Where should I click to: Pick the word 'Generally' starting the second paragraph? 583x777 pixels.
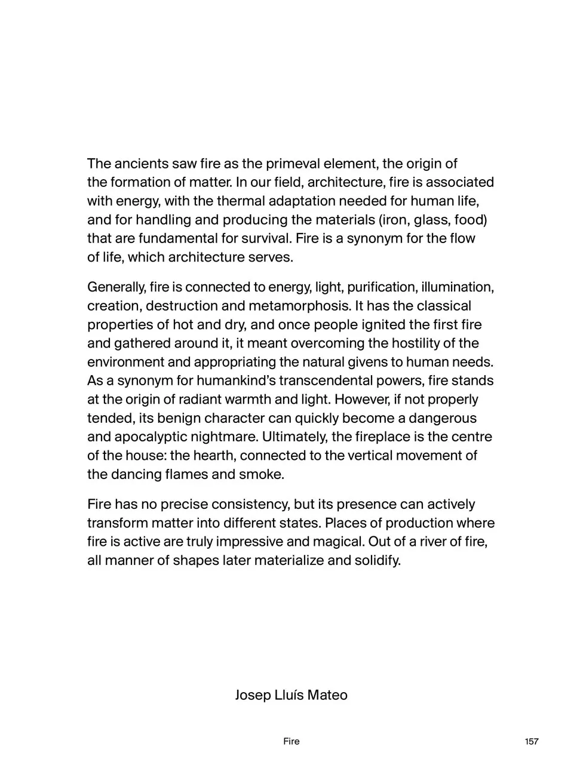(116, 287)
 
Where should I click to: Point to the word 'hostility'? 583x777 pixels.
(419, 343)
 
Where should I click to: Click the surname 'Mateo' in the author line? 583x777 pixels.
(327, 695)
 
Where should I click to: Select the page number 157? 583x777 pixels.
(531, 742)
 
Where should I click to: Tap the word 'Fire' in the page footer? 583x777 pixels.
(291, 742)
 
